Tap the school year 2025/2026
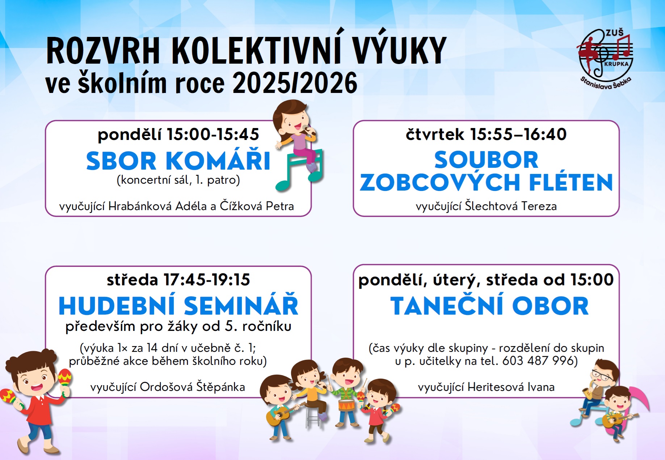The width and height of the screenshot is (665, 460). (295, 83)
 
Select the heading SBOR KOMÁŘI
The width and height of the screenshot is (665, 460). (178, 161)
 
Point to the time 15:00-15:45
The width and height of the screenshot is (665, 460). (212, 134)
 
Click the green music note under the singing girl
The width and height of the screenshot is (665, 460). (298, 170)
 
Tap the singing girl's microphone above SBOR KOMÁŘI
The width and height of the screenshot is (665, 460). (308, 130)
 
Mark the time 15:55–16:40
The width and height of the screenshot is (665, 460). (518, 134)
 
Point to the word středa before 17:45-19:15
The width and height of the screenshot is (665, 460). (132, 280)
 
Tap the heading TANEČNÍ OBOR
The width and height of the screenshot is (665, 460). (489, 306)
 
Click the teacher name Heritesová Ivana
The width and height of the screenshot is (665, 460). (511, 387)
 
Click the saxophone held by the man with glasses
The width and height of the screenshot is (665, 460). (587, 391)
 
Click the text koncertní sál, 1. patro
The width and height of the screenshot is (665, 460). (178, 180)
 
